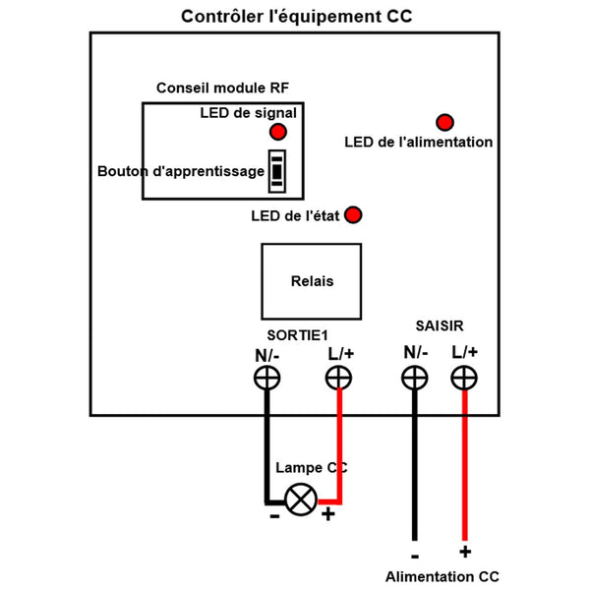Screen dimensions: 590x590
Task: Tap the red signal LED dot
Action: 279,131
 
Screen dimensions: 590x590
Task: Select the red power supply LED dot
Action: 444,123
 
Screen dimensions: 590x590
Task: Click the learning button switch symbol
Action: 278,169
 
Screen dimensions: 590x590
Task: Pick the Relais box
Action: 312,281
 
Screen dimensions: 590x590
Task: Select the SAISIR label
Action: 441,324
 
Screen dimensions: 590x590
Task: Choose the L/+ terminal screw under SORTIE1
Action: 338,377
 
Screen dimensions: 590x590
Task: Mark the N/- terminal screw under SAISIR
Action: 415,377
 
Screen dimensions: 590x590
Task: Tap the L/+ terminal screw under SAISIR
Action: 464,377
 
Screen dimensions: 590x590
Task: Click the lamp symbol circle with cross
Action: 301,499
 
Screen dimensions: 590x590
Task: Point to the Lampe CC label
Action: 311,467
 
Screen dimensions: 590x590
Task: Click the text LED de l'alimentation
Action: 419,143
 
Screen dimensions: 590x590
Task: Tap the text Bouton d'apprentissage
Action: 181,171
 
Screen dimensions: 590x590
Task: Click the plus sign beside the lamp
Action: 328,514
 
